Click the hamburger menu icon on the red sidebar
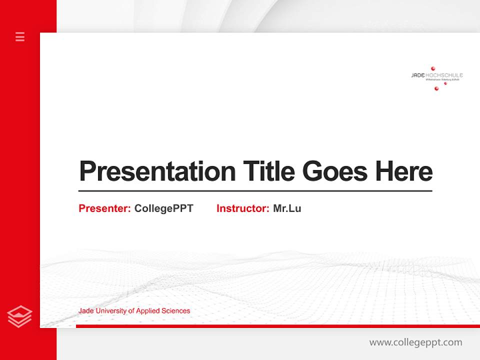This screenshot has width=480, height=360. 20,36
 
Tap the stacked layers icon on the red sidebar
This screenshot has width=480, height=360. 20,316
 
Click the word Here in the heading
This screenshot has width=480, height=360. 404,171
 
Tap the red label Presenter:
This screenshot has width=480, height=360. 104,208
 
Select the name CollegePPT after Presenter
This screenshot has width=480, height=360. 163,208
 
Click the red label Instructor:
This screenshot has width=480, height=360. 242,208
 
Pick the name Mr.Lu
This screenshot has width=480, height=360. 287,208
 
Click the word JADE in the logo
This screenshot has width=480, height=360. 417,75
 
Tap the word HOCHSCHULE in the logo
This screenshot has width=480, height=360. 444,75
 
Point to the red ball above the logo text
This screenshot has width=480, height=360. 433,68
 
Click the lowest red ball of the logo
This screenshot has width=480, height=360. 436,88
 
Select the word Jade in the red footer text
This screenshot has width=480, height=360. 85,311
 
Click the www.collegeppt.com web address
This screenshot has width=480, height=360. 415,342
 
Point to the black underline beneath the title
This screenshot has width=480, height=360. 255,190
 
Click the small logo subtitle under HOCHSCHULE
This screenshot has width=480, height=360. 442,79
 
